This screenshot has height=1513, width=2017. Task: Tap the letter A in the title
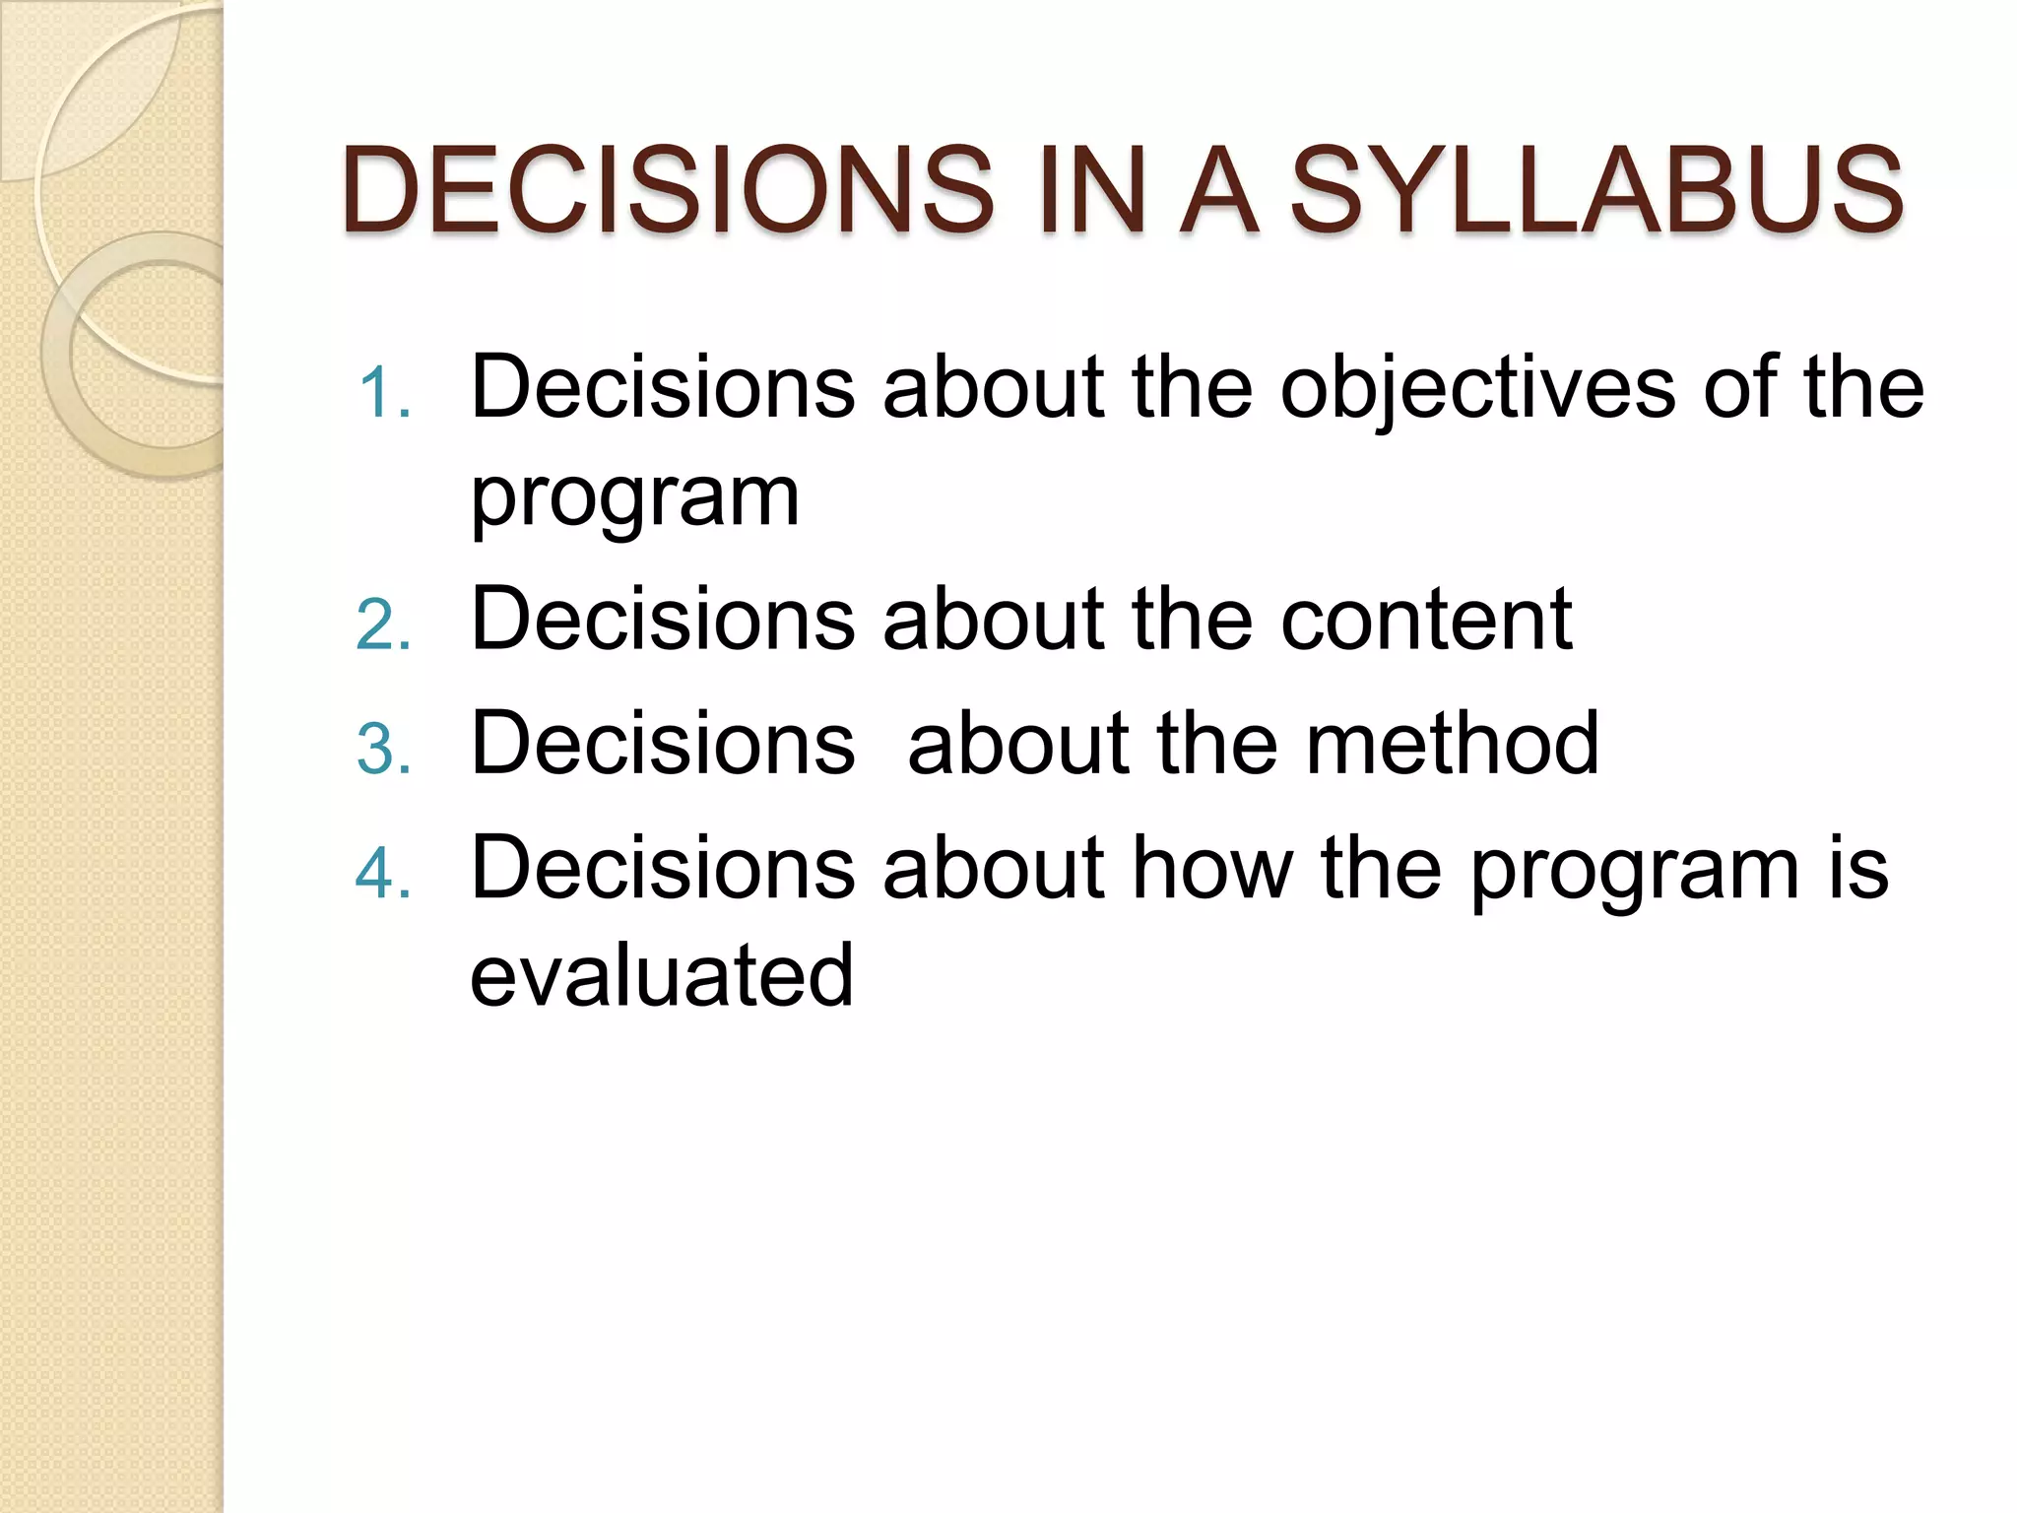coord(1219,189)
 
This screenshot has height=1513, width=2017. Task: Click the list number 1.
coord(382,393)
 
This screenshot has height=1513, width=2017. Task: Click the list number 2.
coord(382,625)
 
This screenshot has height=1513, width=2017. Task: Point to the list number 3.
coord(382,749)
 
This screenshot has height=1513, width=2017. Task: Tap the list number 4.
coord(382,873)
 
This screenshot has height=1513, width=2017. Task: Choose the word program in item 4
coord(1635,873)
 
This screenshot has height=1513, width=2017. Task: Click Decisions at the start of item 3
coord(663,744)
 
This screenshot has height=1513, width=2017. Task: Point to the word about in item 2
coord(995,620)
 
